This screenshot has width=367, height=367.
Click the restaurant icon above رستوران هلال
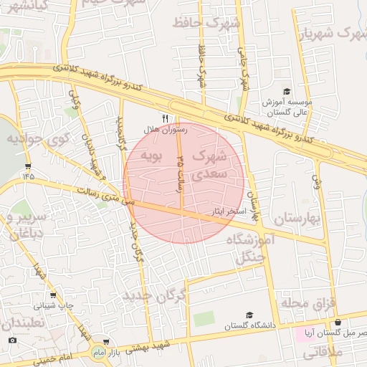[x=166, y=118]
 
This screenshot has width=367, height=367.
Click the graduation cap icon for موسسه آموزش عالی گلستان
[x=286, y=92]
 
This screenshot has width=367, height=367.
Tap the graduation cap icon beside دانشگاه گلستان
[x=249, y=315]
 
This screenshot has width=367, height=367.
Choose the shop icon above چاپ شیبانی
[x=53, y=295]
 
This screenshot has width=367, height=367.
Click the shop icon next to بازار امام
[x=105, y=342]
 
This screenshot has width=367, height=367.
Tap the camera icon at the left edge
[x=12, y=339]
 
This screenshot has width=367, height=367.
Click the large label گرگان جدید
[x=154, y=295]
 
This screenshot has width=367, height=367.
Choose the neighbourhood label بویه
[x=153, y=154]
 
